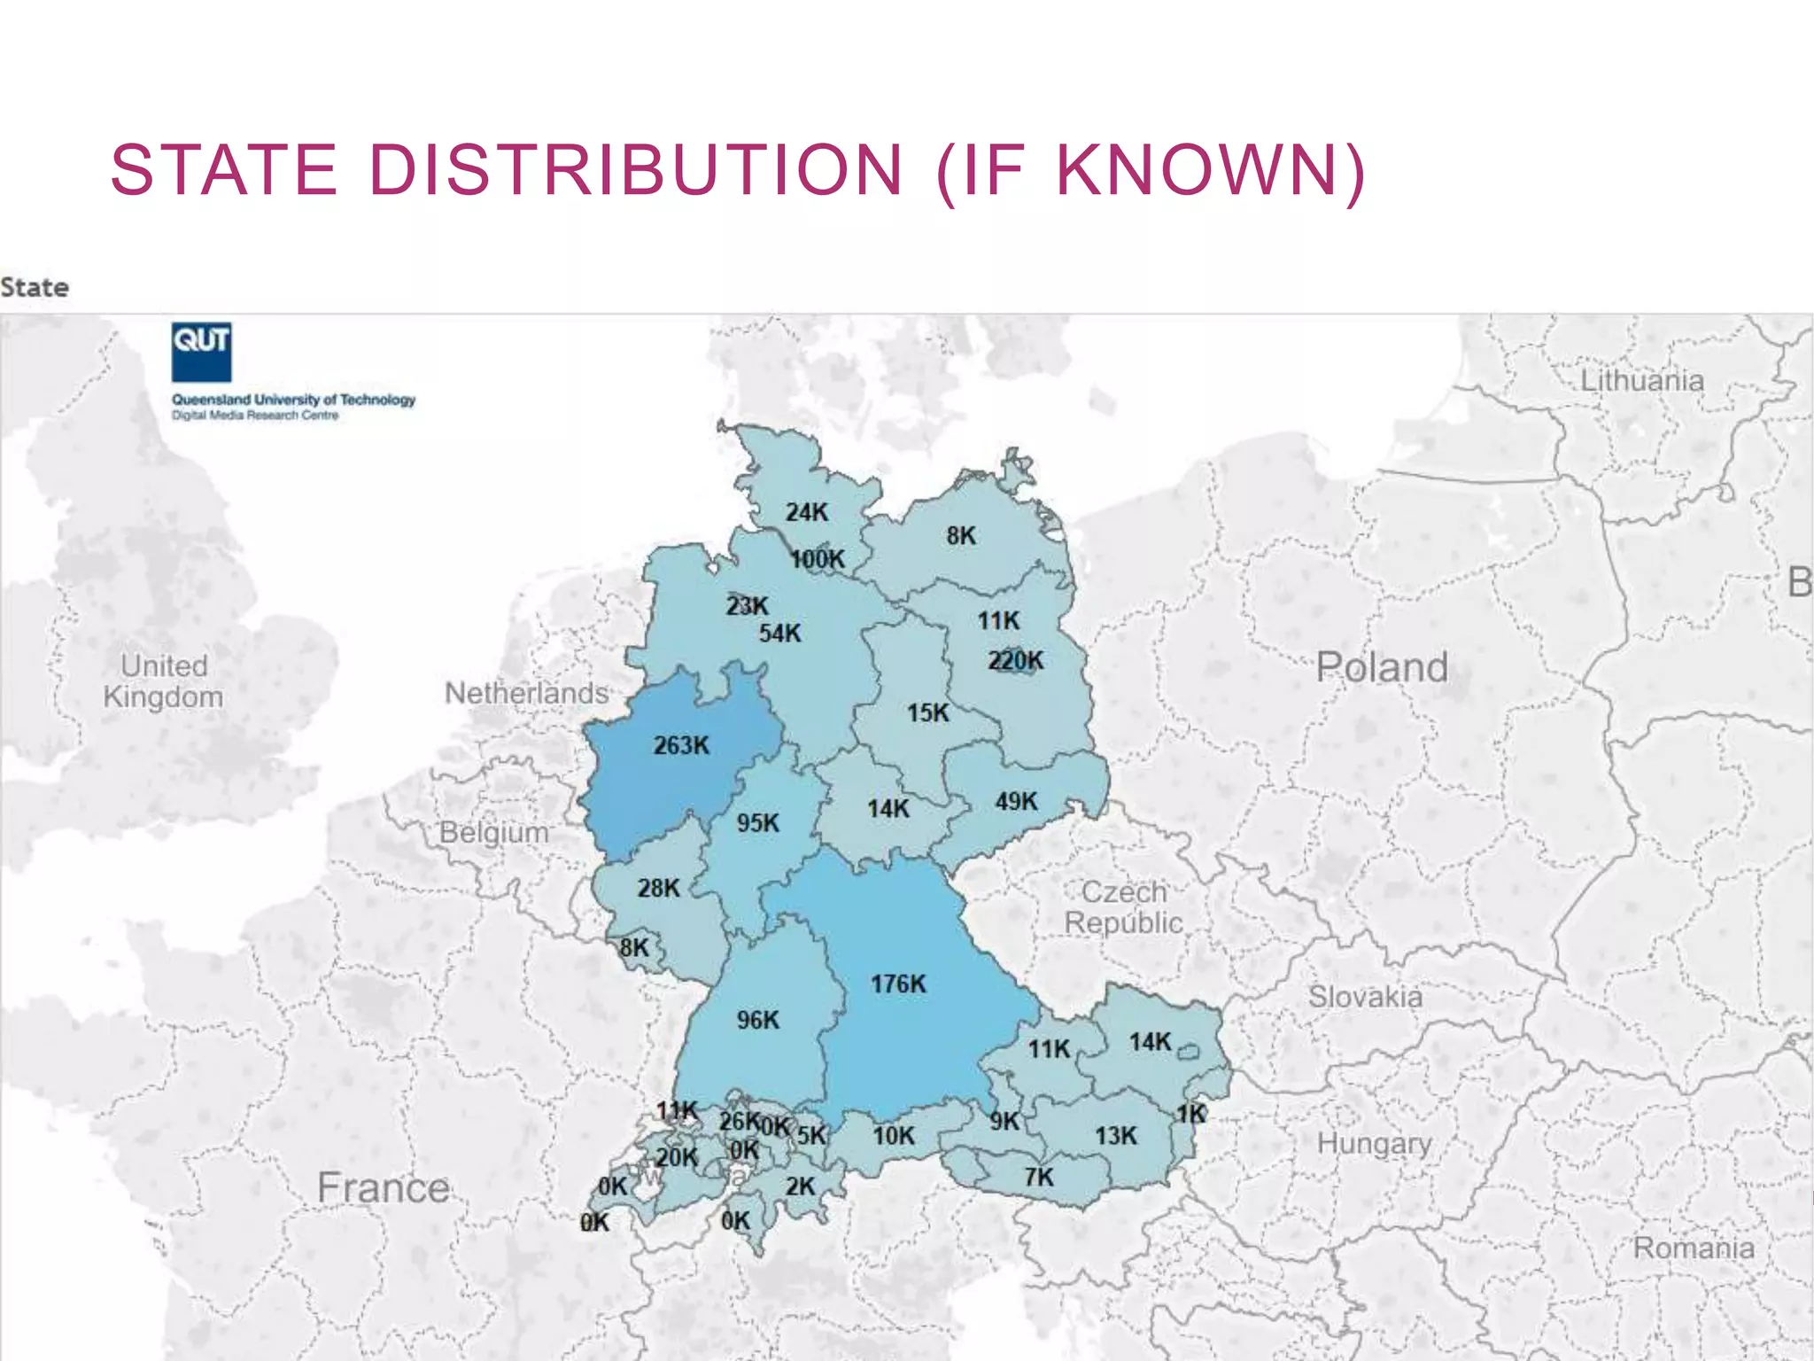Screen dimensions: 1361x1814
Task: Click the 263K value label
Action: [681, 745]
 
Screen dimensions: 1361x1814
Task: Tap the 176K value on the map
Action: [897, 984]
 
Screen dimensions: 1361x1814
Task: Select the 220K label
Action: [1015, 660]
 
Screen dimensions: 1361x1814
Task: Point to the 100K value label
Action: [818, 559]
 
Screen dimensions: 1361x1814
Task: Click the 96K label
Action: [757, 1020]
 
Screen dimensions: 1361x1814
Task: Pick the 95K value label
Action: [757, 823]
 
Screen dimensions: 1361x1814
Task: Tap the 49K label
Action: [1015, 801]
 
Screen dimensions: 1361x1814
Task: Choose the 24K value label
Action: [806, 512]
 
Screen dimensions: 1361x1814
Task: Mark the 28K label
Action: [658, 888]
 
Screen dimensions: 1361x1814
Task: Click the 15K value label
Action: [927, 712]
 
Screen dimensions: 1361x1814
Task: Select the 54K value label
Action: [779, 633]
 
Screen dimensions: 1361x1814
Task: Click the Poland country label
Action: [1382, 667]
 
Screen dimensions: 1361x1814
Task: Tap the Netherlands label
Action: [527, 693]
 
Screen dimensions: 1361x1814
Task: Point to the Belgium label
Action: [494, 832]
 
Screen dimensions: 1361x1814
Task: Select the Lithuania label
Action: [1642, 381]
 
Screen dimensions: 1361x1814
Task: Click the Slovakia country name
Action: [1365, 997]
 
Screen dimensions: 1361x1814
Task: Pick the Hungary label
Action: [1374, 1143]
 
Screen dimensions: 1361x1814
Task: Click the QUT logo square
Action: [201, 352]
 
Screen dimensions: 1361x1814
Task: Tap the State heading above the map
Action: [35, 287]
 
